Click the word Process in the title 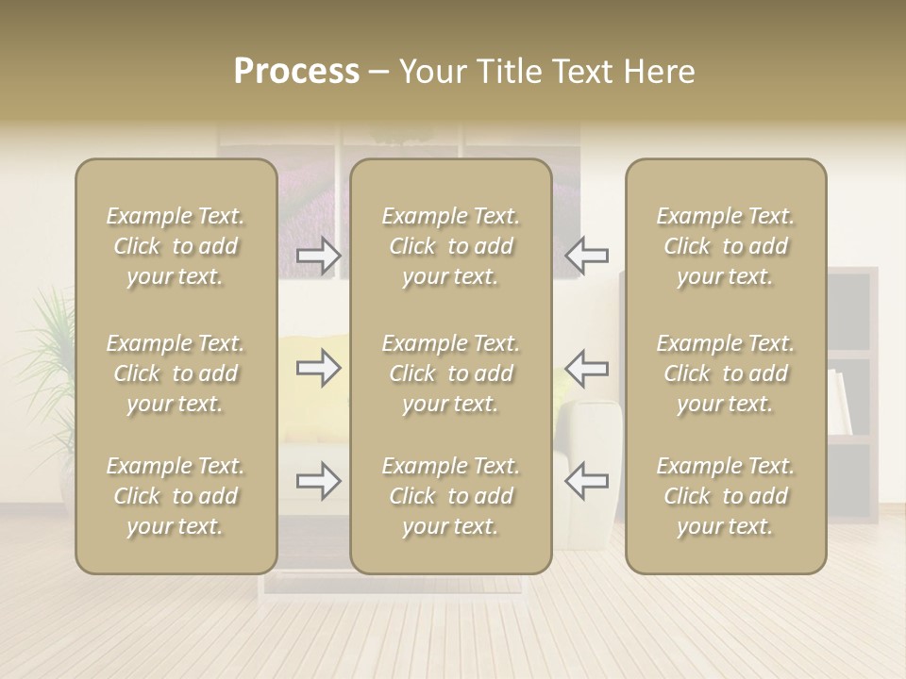[x=296, y=72]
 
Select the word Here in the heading [x=658, y=72]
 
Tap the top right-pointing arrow [x=318, y=256]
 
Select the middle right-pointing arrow [x=318, y=368]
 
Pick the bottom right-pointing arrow [x=318, y=482]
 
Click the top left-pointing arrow [x=587, y=256]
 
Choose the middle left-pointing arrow [x=587, y=368]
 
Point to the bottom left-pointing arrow [x=587, y=482]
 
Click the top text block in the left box [x=176, y=246]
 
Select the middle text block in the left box [x=176, y=373]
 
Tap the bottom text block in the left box [x=176, y=496]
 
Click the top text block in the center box [x=451, y=246]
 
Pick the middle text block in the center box [x=451, y=373]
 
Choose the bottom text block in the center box [x=451, y=496]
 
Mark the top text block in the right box [x=726, y=246]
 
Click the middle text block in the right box [x=726, y=373]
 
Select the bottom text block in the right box [x=726, y=496]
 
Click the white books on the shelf [x=840, y=401]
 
